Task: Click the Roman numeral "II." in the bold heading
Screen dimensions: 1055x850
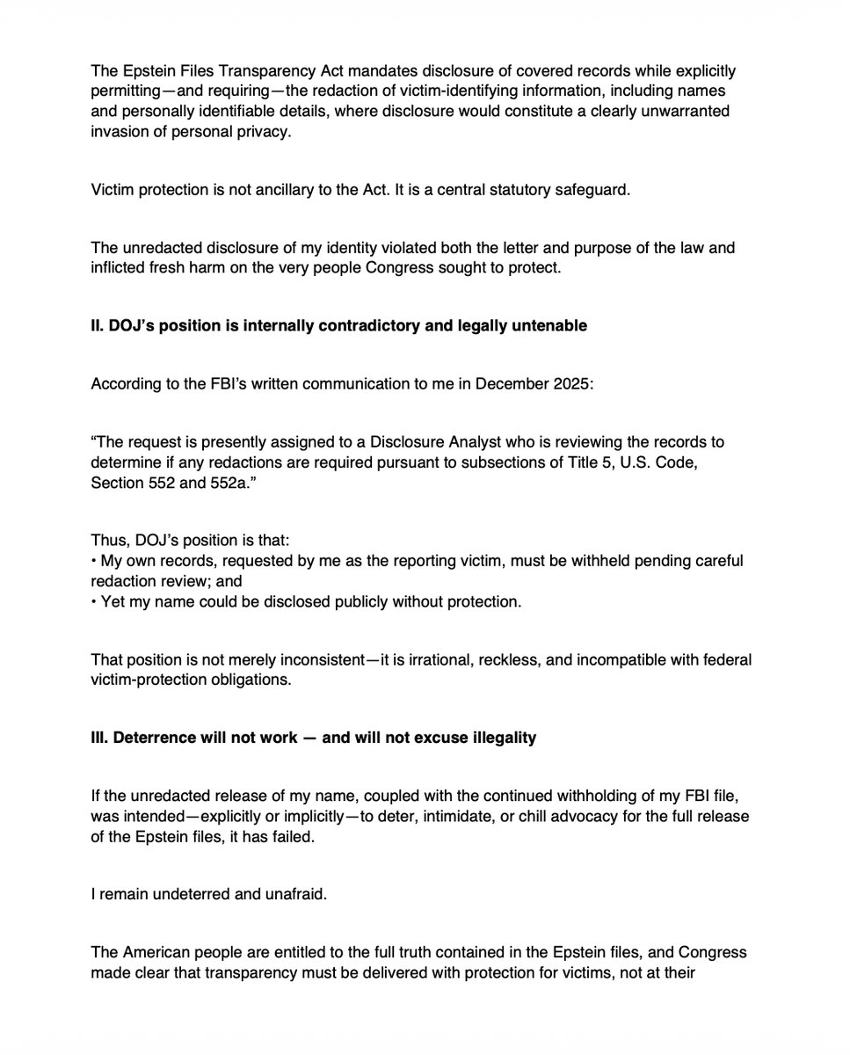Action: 98,326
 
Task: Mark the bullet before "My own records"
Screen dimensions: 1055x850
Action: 93,562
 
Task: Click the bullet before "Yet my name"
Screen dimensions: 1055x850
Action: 93,602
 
